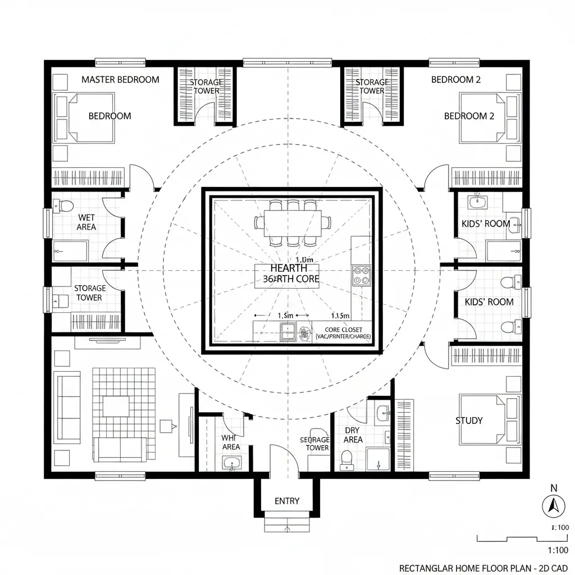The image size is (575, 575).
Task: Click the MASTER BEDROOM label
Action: coord(120,80)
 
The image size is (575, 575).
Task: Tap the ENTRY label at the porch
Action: coord(287,501)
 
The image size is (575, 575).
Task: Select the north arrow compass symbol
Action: coord(553,506)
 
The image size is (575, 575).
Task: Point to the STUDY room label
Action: coord(469,421)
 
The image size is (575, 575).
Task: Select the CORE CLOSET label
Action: coord(344,330)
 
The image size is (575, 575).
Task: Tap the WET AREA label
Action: coord(86,222)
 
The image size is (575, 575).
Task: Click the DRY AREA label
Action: coord(353,435)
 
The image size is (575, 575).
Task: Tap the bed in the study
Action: coord(487,419)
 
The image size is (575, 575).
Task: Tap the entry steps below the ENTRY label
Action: coord(287,525)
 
